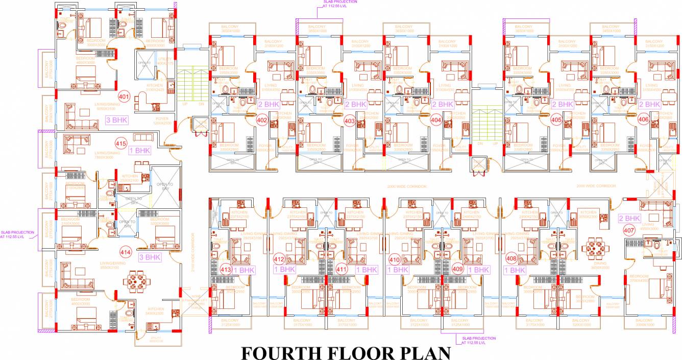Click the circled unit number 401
pyautogui.click(x=124, y=96)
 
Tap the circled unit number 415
pyautogui.click(x=120, y=143)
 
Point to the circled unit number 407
pyautogui.click(x=628, y=230)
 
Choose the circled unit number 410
pyautogui.click(x=394, y=259)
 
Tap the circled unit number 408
pyautogui.click(x=510, y=259)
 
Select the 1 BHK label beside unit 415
pyautogui.click(x=138, y=151)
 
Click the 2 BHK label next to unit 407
pyautogui.click(x=629, y=218)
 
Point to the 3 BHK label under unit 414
pyautogui.click(x=150, y=257)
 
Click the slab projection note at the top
pyautogui.click(x=339, y=4)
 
